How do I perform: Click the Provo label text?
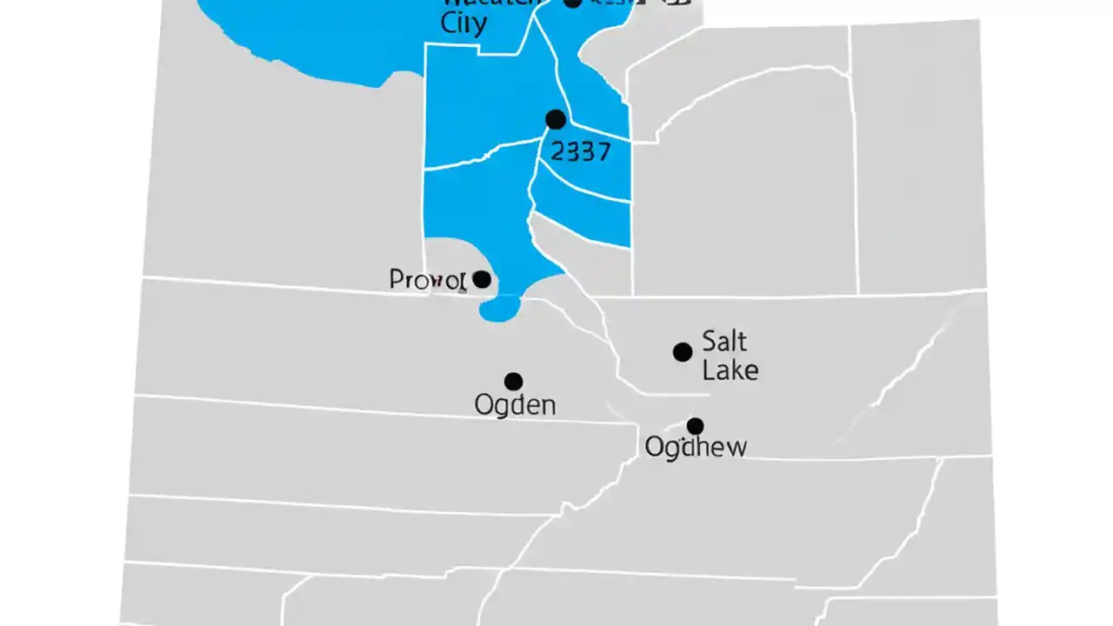427,280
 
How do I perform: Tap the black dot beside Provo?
481,279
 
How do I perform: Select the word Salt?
723,340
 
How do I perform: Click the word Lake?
730,370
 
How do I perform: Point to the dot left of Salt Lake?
683,352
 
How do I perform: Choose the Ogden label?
515,404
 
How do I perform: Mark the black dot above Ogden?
514,382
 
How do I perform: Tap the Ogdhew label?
695,447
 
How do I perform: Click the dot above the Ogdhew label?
695,426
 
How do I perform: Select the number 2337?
581,152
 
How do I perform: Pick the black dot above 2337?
555,119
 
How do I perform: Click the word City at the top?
463,23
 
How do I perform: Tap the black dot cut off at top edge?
572,3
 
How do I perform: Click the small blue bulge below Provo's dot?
501,309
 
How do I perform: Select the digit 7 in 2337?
602,152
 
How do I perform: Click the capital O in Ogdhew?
655,447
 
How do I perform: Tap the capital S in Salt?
709,340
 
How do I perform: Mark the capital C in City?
450,23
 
